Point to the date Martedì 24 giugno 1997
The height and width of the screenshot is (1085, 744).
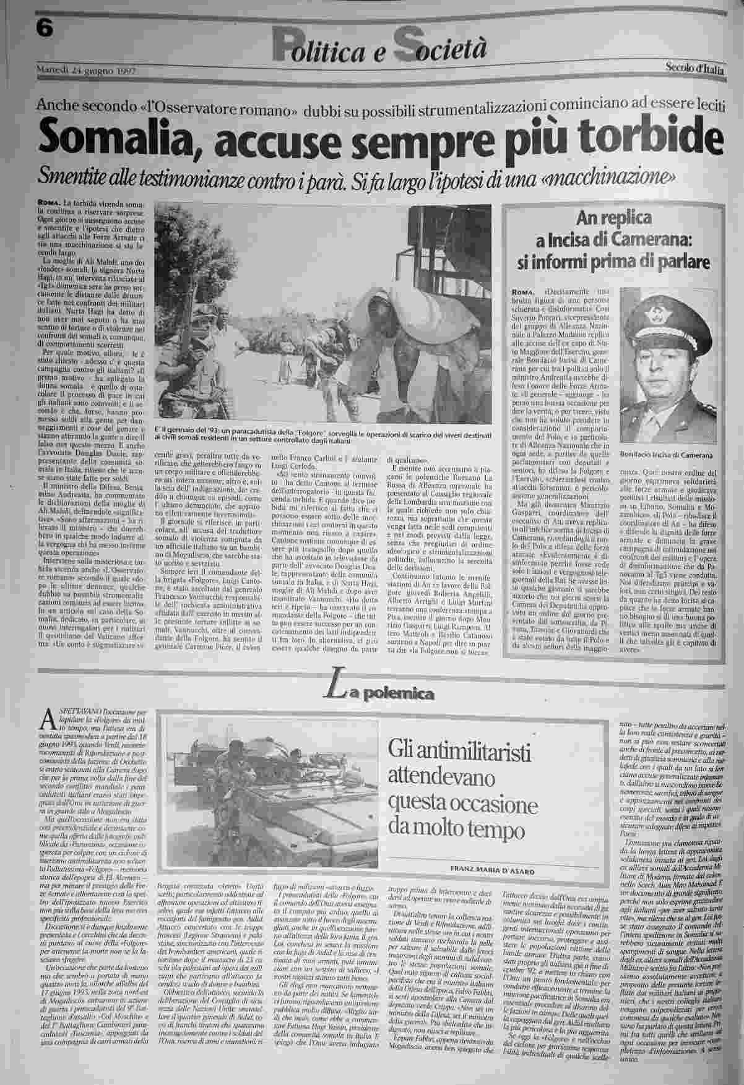87,70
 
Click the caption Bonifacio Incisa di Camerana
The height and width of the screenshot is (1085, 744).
666,455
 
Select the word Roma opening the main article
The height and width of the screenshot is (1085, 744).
48,203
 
